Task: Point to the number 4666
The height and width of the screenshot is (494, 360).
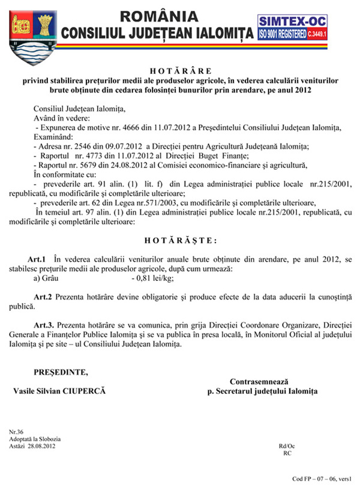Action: (122, 127)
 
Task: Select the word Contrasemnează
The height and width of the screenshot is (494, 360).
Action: (259, 382)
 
